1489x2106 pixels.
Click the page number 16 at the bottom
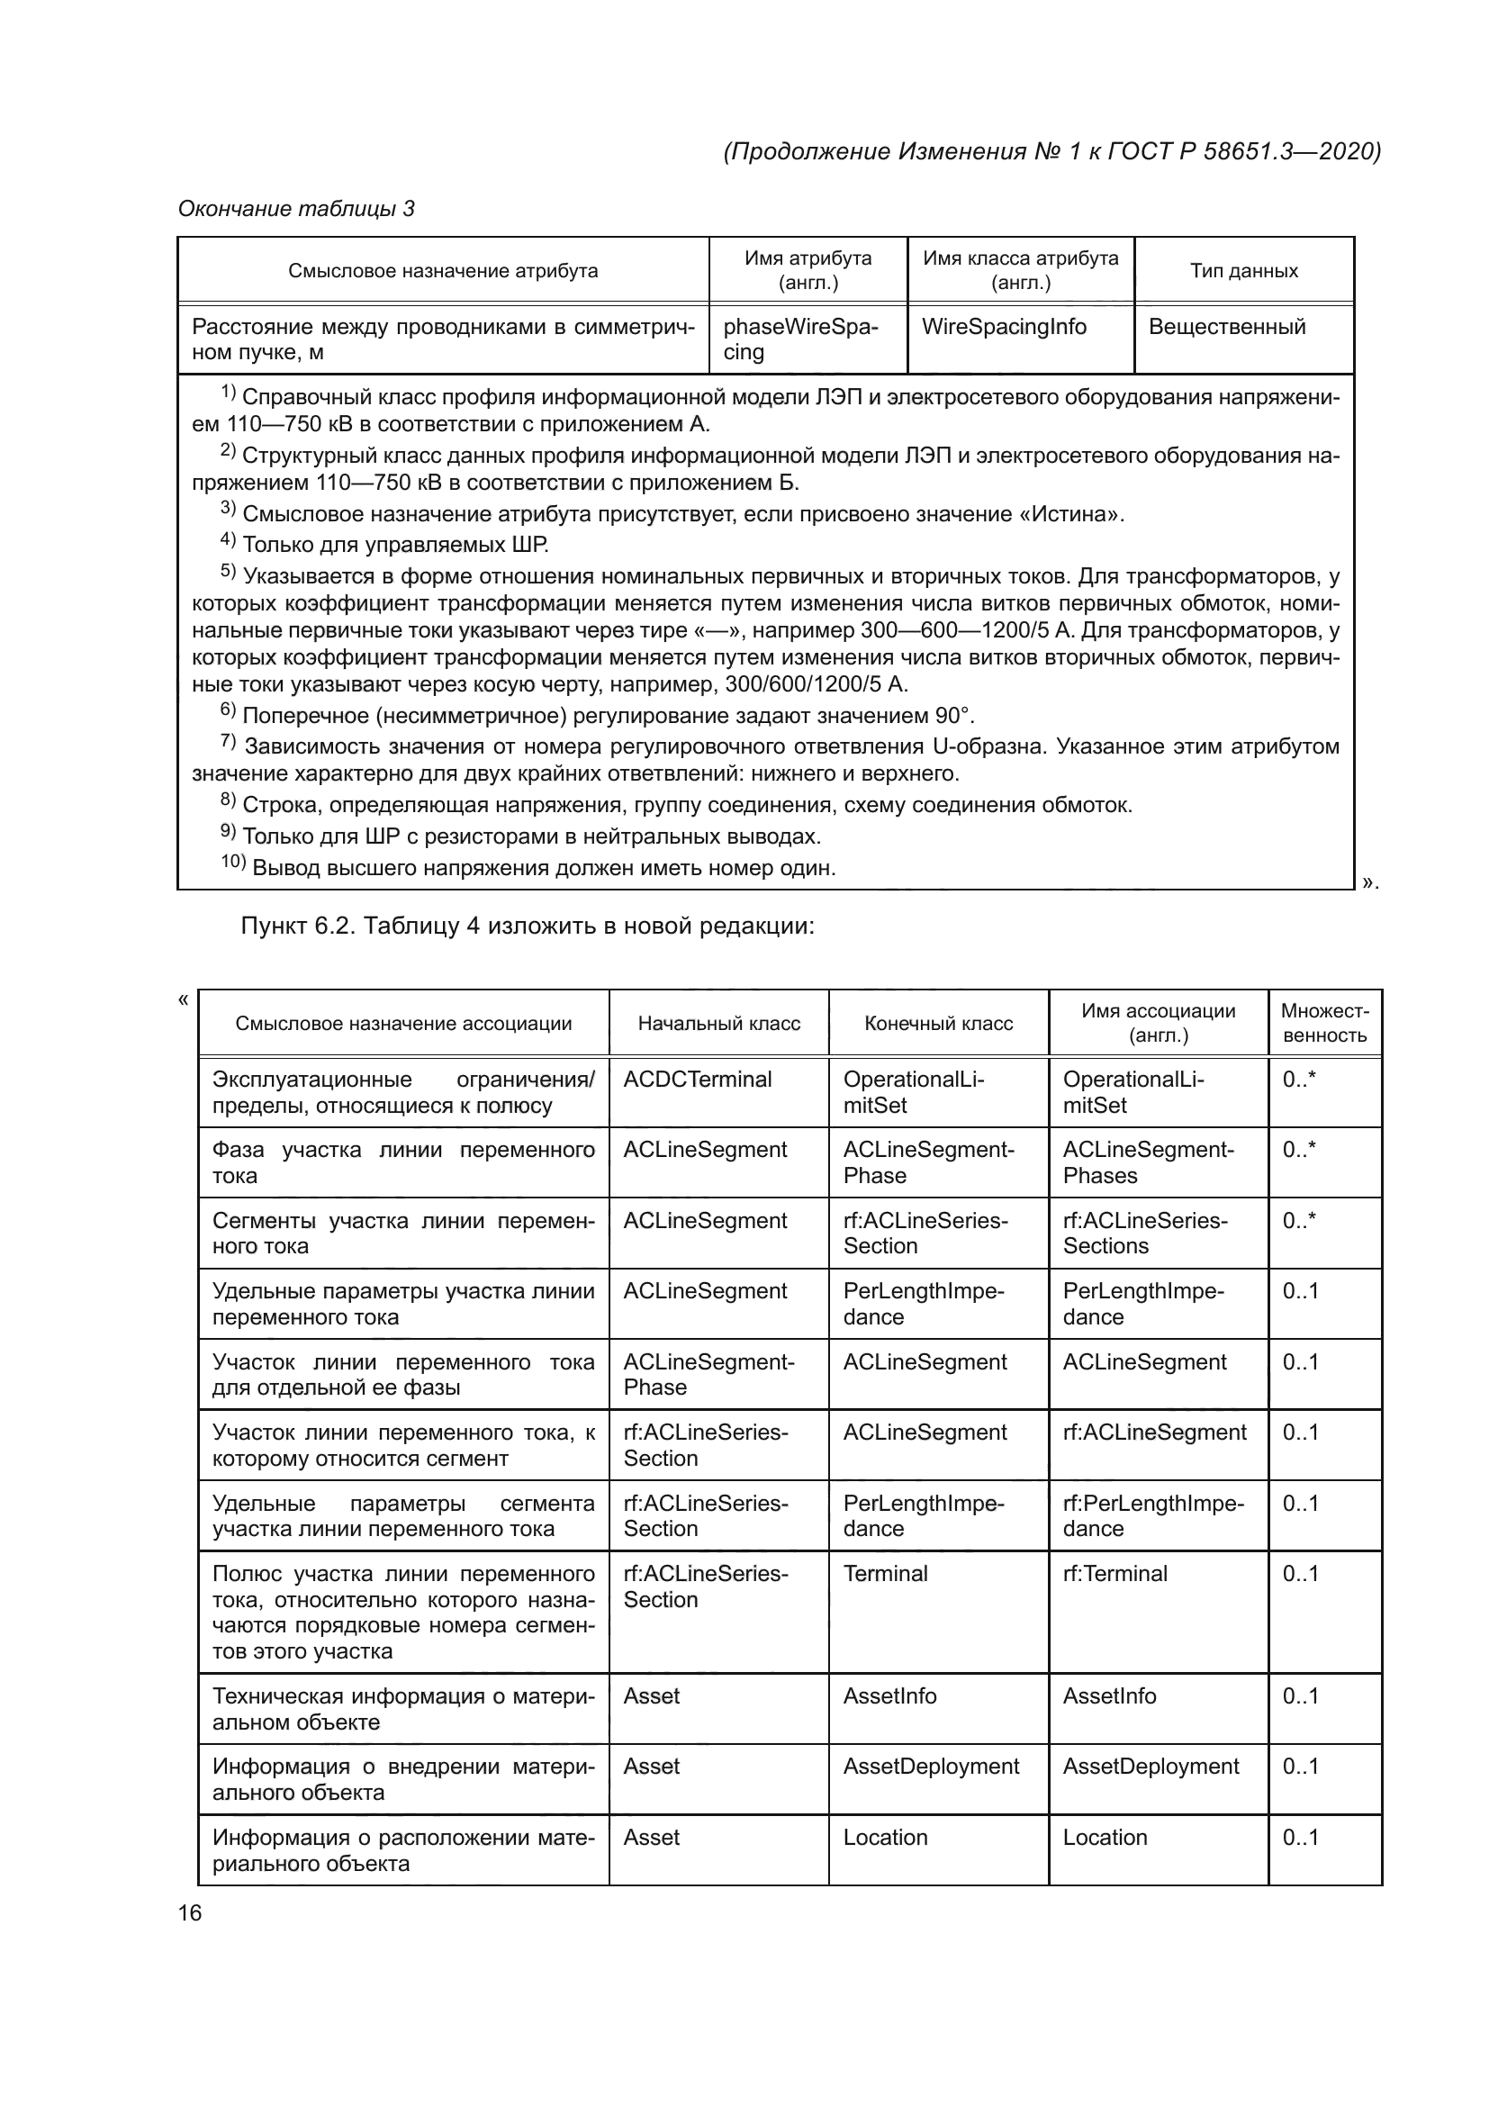tap(190, 1912)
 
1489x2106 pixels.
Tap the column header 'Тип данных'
tap(1243, 271)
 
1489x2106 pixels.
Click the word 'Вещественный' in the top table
tap(1226, 328)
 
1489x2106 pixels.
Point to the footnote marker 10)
tap(233, 863)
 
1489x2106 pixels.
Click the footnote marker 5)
tap(229, 572)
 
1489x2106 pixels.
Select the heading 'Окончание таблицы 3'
tap(295, 209)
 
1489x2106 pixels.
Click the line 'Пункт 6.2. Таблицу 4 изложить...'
tap(528, 926)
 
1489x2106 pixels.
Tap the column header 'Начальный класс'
tap(718, 1024)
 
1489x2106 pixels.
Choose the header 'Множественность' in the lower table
tap(1324, 1024)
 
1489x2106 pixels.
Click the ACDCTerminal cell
tap(697, 1080)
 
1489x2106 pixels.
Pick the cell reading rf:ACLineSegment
tap(1153, 1433)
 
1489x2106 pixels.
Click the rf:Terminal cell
tap(1114, 1574)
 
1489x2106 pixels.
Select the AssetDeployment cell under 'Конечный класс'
tap(931, 1767)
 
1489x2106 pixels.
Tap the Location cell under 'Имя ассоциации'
tap(1104, 1838)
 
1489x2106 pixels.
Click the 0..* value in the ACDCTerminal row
tap(1298, 1080)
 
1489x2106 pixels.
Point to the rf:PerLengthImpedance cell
tap(1152, 1516)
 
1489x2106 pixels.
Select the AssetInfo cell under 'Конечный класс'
tap(889, 1696)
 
